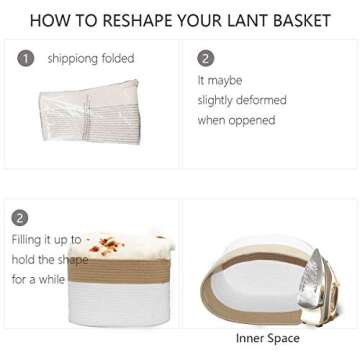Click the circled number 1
[x=26, y=59]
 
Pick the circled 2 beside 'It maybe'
[x=206, y=59]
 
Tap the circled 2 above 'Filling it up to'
[x=20, y=218]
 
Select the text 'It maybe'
[x=220, y=80]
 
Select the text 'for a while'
[x=38, y=279]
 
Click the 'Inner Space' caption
[x=267, y=339]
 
